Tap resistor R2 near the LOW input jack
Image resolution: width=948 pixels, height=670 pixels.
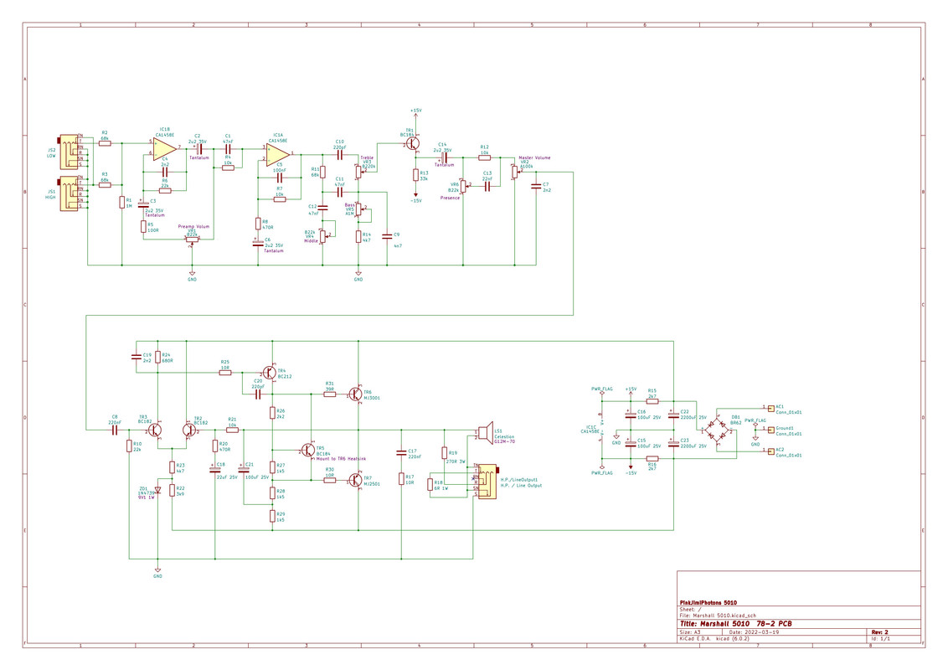105,143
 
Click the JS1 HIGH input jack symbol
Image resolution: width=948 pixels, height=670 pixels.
66,194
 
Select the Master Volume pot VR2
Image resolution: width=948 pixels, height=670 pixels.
515,173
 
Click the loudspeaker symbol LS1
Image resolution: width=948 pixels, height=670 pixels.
483,432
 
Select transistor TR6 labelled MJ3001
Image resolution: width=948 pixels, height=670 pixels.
356,394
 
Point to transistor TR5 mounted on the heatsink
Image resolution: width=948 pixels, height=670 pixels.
307,450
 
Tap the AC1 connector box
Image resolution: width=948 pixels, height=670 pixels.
770,410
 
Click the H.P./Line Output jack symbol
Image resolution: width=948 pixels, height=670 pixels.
484,482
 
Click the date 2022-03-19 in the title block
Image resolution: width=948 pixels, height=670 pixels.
764,631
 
